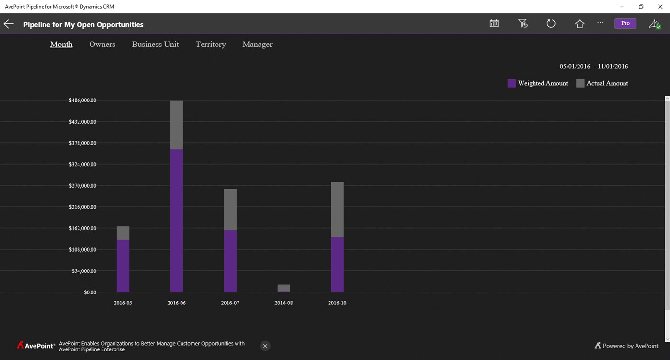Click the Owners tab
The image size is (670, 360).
tap(102, 44)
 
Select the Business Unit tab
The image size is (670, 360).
tap(155, 44)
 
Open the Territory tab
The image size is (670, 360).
tap(211, 44)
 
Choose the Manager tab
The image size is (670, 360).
tap(257, 44)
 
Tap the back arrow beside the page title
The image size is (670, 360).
tap(9, 24)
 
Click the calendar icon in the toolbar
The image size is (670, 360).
tap(494, 23)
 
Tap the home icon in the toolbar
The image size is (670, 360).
tap(579, 23)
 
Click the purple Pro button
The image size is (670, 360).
tap(625, 23)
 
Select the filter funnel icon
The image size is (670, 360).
tap(522, 23)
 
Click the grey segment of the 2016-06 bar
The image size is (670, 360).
tap(177, 125)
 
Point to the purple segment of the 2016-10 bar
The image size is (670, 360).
tap(337, 264)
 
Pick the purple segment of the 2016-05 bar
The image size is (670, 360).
tap(123, 266)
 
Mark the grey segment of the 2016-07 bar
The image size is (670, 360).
tap(230, 209)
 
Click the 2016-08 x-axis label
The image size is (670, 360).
tap(284, 303)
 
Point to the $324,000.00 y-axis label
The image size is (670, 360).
tap(83, 164)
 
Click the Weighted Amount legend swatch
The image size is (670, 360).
tap(511, 83)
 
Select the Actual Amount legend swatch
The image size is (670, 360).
tap(580, 83)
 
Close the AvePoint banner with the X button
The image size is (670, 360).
tap(265, 346)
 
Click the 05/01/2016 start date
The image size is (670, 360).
tap(575, 67)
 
